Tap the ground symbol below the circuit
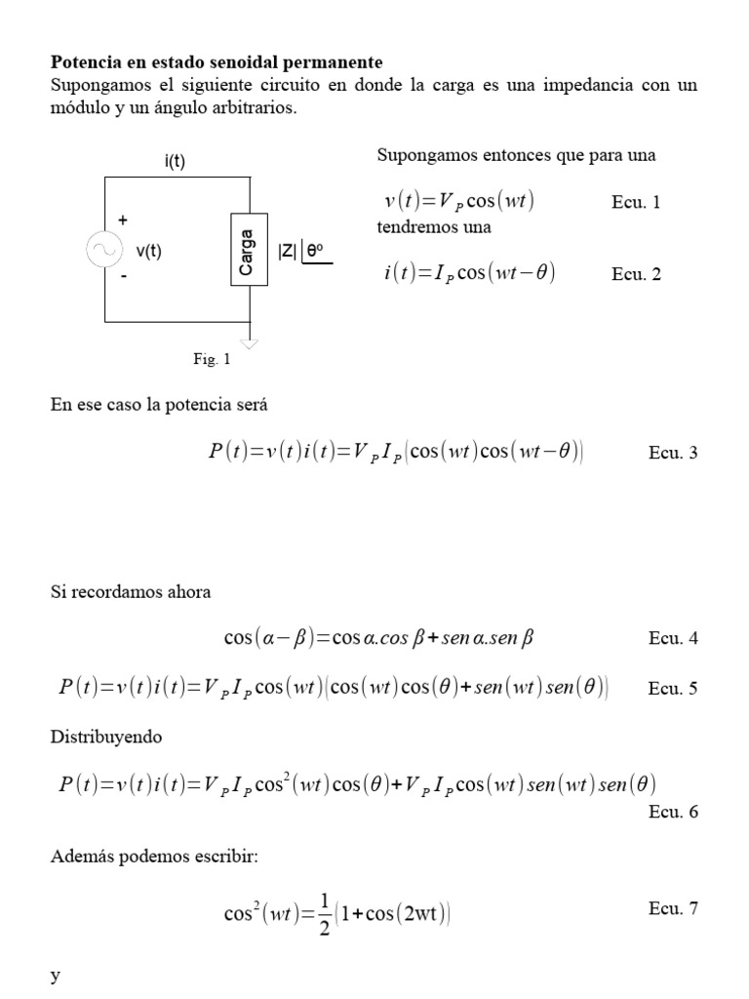point(251,341)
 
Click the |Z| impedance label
point(287,251)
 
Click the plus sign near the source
point(122,220)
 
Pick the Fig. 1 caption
point(212,359)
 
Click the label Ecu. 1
point(636,203)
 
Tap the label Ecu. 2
point(636,274)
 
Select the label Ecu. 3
point(673,453)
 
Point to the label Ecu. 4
point(673,639)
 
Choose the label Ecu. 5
point(673,689)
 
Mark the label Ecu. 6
point(673,812)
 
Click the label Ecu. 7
point(673,909)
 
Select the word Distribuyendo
point(106,738)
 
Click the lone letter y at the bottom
point(55,979)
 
